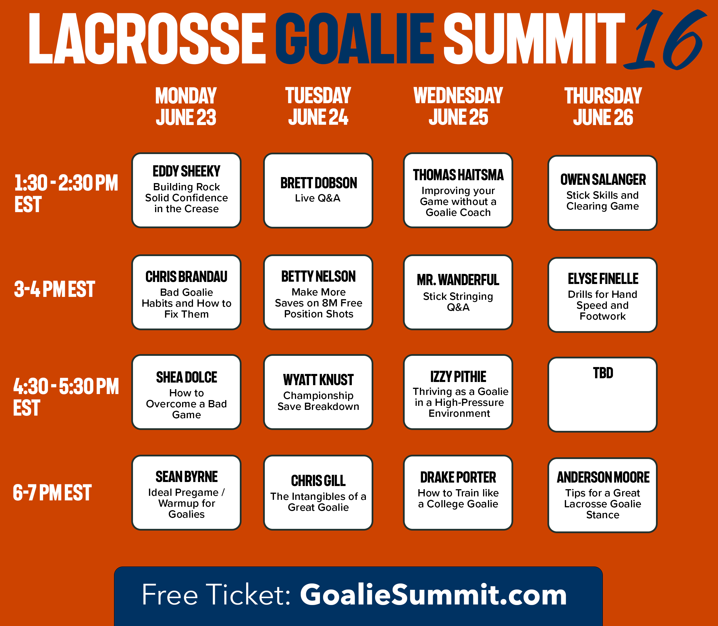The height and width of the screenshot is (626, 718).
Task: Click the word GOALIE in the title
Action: coord(355,39)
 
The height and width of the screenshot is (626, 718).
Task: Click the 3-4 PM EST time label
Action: coord(55,289)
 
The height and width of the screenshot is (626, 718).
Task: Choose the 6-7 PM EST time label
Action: coord(52,493)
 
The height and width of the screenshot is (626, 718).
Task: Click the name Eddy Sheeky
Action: coord(186,171)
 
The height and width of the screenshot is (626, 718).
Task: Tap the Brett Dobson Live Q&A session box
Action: coord(318,190)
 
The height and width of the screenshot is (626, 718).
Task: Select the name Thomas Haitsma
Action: coord(458,175)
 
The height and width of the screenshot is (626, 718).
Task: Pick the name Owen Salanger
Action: coord(603,180)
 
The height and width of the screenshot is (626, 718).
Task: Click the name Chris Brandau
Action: coord(186,277)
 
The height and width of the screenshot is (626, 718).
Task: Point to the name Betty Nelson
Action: coord(318,276)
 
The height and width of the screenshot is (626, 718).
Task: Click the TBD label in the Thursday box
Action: coord(603,373)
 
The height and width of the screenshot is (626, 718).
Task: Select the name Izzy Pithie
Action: coord(458,377)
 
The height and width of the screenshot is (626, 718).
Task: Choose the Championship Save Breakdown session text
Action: coord(318,401)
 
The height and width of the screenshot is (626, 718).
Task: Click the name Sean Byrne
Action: coord(186,477)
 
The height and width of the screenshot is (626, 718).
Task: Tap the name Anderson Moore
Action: coord(603,477)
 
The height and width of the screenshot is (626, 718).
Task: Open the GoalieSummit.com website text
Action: coord(433,595)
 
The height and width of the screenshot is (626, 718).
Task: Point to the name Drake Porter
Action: coord(458,477)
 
